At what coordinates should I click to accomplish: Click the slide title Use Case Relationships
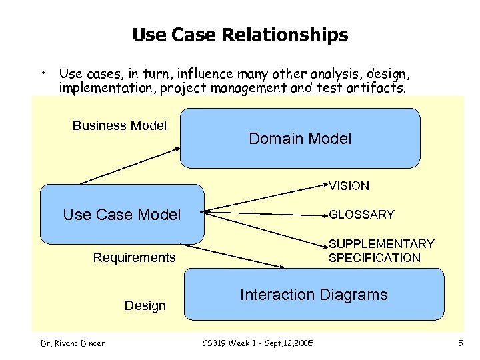pyautogui.click(x=240, y=35)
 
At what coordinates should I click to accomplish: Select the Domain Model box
pyautogui.click(x=300, y=138)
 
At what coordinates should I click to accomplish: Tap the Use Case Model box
pyautogui.click(x=122, y=214)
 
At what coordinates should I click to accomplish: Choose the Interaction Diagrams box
pyautogui.click(x=313, y=295)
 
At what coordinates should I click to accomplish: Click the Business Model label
pyautogui.click(x=119, y=125)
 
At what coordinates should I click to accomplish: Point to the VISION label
pyautogui.click(x=349, y=186)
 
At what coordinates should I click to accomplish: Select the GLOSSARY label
pyautogui.click(x=361, y=214)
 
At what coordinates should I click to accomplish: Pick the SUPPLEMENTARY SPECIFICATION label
pyautogui.click(x=381, y=251)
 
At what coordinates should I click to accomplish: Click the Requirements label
pyautogui.click(x=134, y=257)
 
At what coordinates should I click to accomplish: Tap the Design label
pyautogui.click(x=145, y=305)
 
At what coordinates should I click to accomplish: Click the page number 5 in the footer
pyautogui.click(x=460, y=343)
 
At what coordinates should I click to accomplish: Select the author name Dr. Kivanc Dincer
pyautogui.click(x=71, y=343)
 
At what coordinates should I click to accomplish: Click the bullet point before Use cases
pyautogui.click(x=42, y=71)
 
